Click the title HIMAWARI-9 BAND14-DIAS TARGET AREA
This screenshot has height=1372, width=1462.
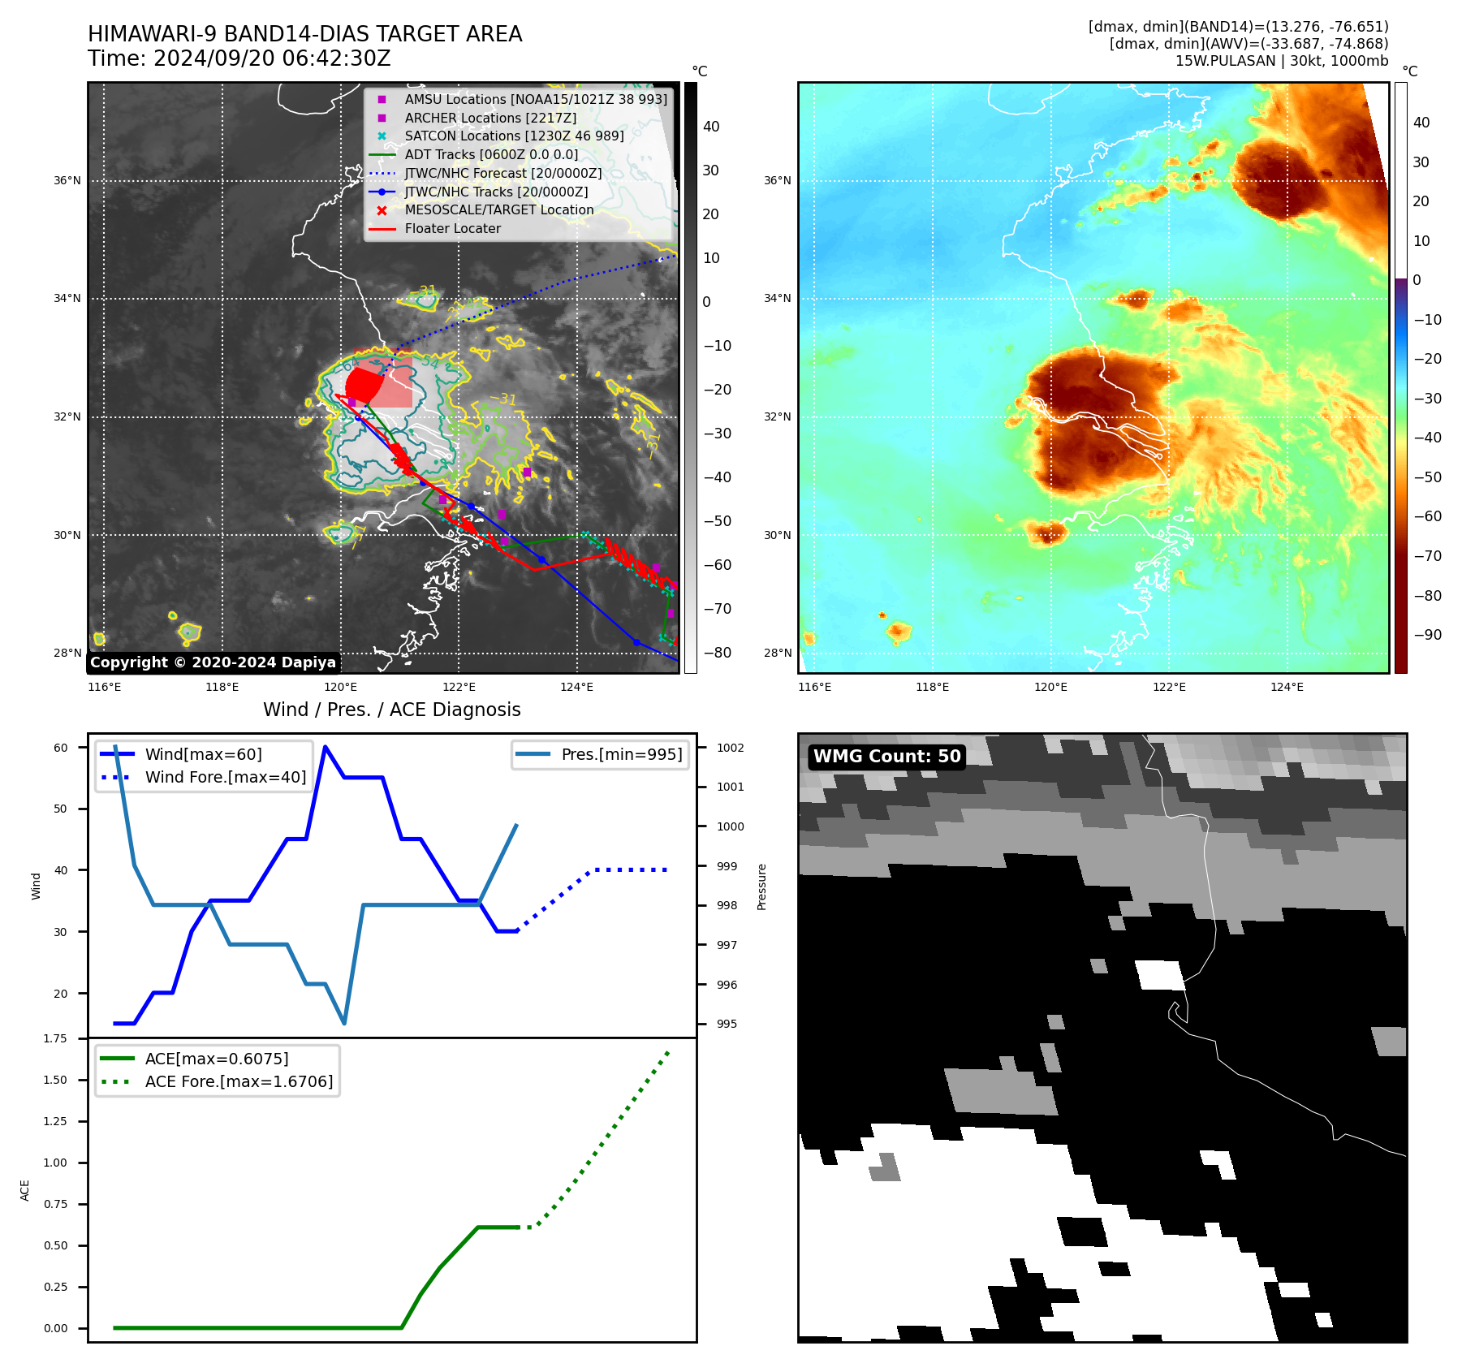coord(304,34)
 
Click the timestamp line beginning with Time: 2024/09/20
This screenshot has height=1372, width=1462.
coord(239,58)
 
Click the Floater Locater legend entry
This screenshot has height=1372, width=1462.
coord(452,228)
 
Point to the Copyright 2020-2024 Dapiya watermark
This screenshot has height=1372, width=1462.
coord(213,662)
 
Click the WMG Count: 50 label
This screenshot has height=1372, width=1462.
coord(886,757)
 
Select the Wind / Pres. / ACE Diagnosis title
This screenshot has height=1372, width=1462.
coord(391,710)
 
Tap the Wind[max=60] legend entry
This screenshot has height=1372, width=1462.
coord(203,754)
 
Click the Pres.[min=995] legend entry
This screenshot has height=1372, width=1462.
coord(621,754)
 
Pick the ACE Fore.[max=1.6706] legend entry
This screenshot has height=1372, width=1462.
coord(239,1081)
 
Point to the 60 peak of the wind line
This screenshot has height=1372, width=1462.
coord(326,747)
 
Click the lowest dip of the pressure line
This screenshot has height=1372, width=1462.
coord(344,1023)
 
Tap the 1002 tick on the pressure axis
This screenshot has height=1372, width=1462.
coord(730,748)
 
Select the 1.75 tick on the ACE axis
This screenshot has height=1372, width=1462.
coord(55,1038)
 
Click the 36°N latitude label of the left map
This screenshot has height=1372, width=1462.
coord(67,180)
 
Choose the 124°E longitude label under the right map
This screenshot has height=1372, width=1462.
coord(1287,687)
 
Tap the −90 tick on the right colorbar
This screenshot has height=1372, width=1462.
coord(1427,635)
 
